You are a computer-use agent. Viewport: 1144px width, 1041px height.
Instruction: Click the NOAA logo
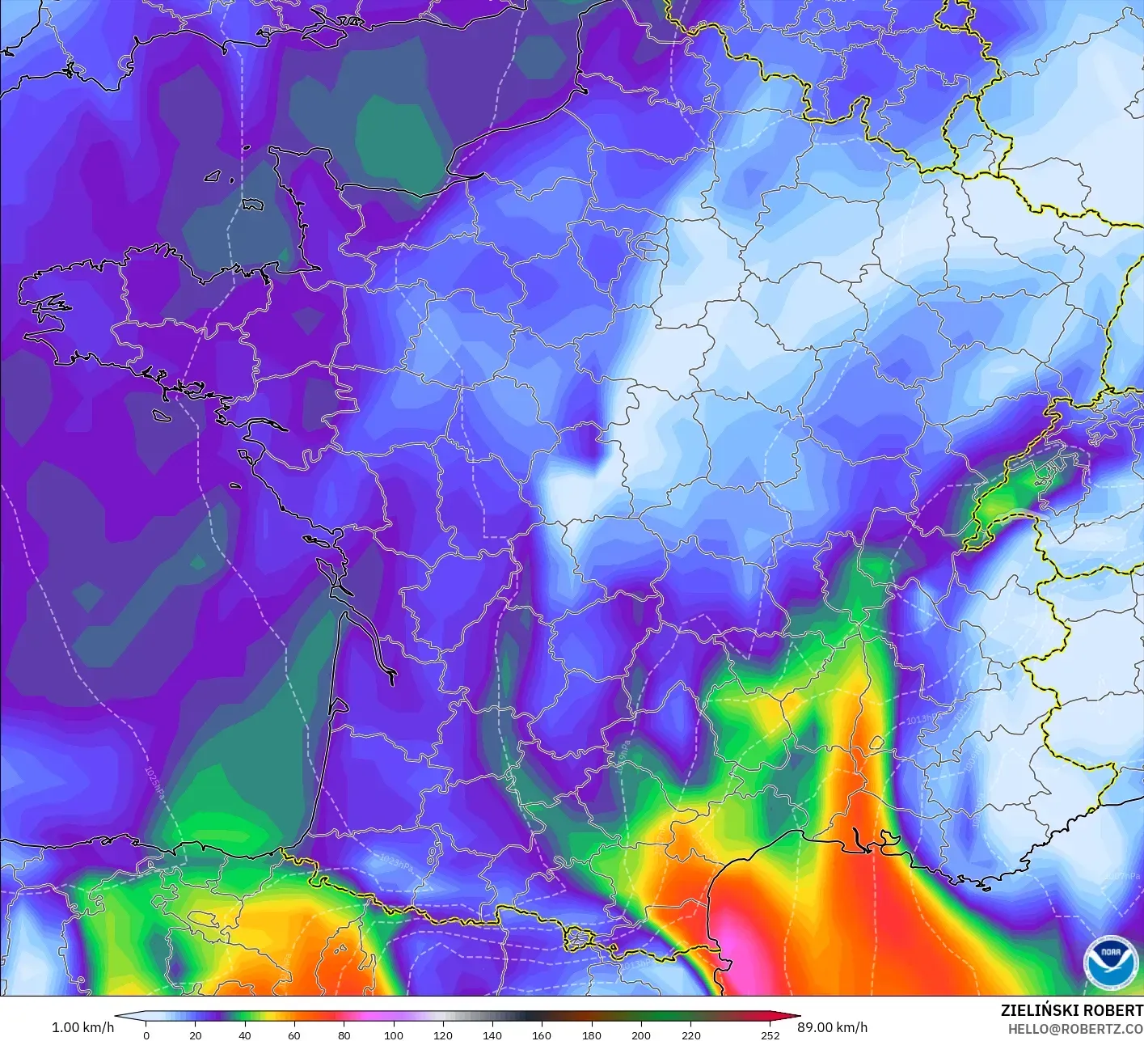click(x=1110, y=963)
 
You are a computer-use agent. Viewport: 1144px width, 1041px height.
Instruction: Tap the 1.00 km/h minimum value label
click(x=82, y=1027)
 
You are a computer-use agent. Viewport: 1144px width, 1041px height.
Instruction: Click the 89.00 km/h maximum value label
click(x=833, y=1027)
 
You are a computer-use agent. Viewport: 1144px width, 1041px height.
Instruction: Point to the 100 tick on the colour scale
click(x=394, y=1035)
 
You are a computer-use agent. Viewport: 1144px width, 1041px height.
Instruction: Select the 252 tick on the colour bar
click(x=770, y=1035)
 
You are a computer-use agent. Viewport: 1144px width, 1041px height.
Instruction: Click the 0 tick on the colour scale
click(x=146, y=1035)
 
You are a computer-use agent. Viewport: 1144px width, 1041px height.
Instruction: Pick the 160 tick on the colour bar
click(x=542, y=1035)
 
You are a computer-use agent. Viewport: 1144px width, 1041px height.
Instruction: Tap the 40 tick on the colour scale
click(x=245, y=1035)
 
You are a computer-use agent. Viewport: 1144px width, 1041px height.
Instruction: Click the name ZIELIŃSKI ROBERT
click(x=1071, y=1010)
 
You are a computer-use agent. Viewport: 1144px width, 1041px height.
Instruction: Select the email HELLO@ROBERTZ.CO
click(x=1075, y=1029)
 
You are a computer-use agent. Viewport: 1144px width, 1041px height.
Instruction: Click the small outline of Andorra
click(x=580, y=939)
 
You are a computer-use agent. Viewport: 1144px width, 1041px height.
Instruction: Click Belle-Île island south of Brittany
click(x=161, y=415)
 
